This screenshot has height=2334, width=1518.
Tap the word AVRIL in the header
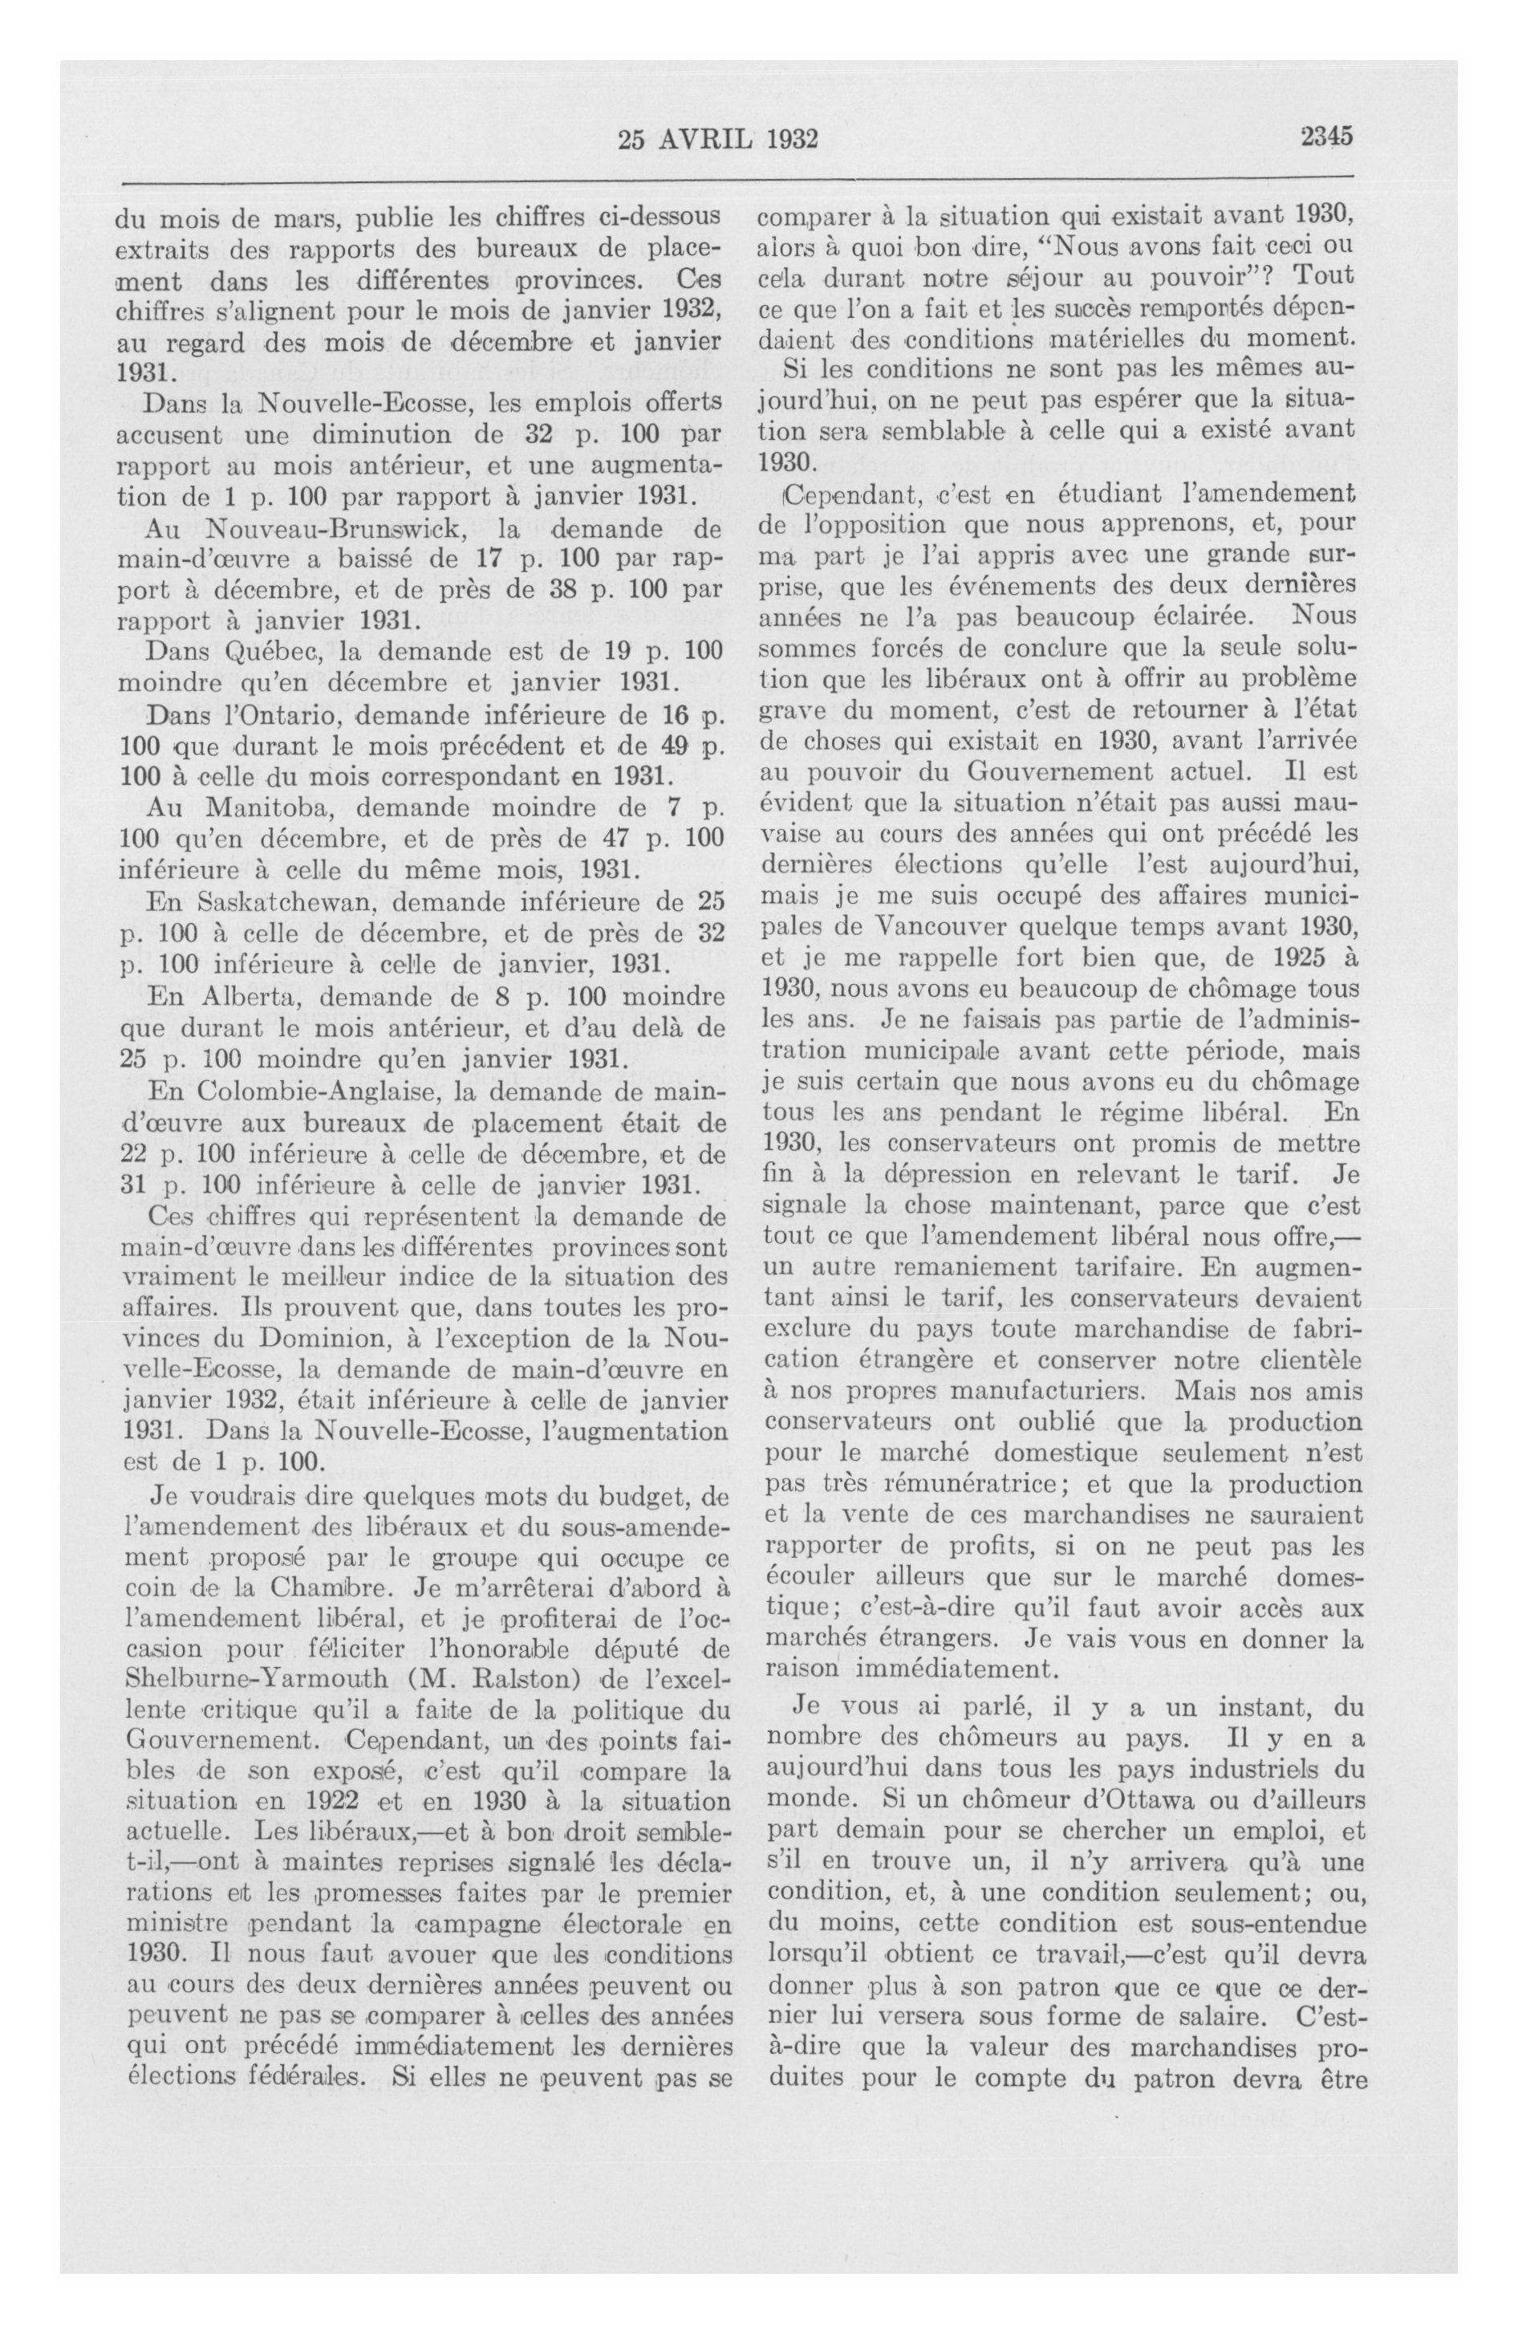705,140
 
